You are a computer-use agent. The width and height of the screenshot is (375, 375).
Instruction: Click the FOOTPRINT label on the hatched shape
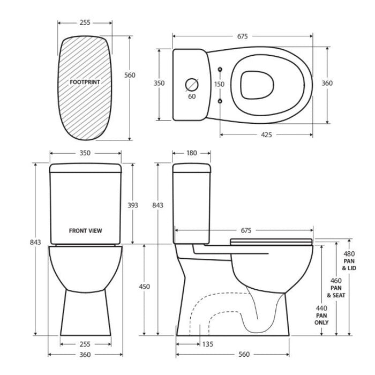click(x=85, y=83)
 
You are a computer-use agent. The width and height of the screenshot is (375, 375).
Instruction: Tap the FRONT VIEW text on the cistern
click(x=86, y=231)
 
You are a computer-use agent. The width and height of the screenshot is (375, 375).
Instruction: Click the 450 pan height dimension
click(x=145, y=287)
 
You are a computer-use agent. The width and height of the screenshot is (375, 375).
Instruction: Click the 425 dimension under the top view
click(x=267, y=134)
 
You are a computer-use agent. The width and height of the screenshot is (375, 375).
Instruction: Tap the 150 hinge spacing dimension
click(x=220, y=84)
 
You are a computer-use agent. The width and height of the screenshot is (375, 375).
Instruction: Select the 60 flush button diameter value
click(x=191, y=97)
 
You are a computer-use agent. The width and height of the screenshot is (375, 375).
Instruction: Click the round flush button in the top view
click(x=192, y=84)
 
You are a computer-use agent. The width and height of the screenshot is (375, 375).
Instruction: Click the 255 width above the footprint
click(x=85, y=23)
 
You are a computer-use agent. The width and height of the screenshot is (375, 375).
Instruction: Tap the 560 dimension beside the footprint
click(x=130, y=75)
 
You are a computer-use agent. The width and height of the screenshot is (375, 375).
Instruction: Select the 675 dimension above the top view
click(x=242, y=36)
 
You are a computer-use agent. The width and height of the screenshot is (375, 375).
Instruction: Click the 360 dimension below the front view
click(x=85, y=355)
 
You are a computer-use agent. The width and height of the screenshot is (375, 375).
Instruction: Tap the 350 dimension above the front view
click(x=85, y=153)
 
